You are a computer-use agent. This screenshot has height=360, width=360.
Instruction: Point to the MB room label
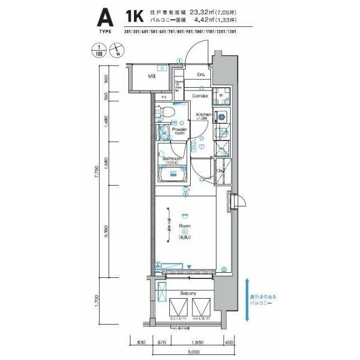pos(152,77)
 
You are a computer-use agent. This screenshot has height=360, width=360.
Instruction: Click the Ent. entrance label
pos(200,74)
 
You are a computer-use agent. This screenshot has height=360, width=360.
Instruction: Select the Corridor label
pos(200,96)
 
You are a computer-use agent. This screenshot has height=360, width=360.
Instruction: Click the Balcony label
pos(188,294)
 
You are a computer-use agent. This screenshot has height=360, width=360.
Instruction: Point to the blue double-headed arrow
pos(247,299)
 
